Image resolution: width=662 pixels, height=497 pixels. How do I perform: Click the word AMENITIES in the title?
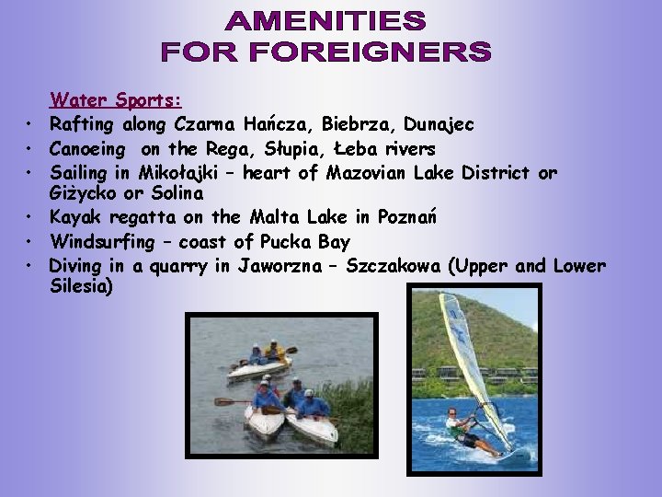click(326, 20)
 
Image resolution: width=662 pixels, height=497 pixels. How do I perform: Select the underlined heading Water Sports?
click(116, 99)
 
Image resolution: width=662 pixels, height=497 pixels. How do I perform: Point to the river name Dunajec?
click(439, 124)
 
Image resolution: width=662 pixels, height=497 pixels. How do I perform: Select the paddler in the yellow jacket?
click(274, 352)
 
